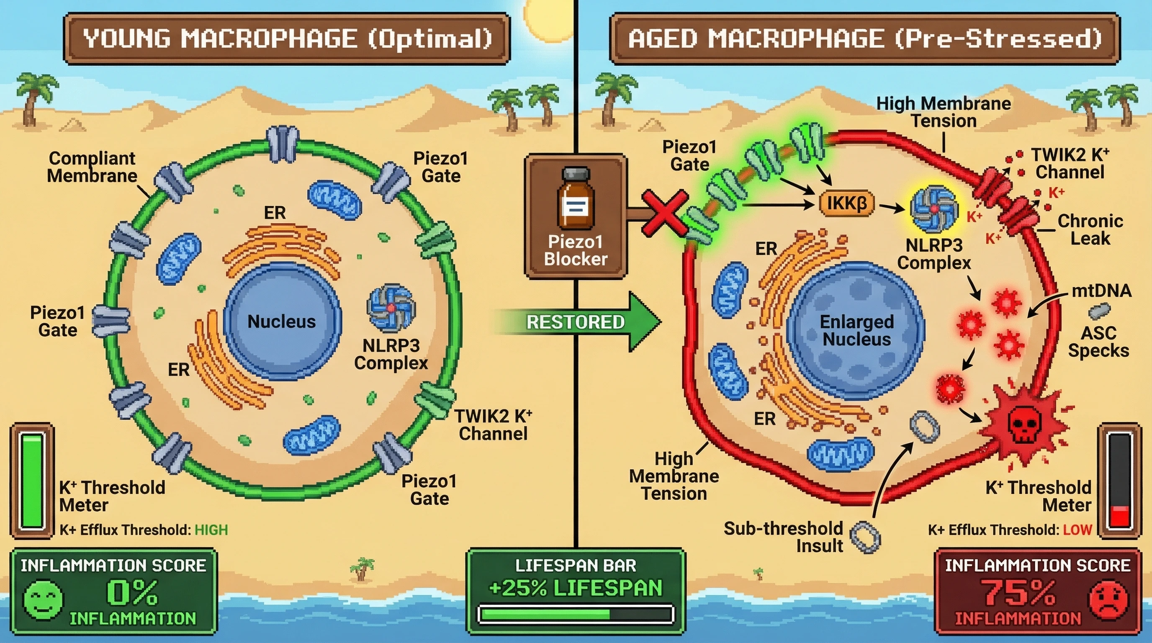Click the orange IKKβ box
tap(846, 203)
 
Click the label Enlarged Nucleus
tap(856, 330)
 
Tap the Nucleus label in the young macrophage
tap(281, 321)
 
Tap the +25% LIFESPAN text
tap(575, 588)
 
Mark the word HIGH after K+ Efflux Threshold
tap(211, 530)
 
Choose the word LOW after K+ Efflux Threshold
tap(1077, 530)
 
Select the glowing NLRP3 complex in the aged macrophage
tap(934, 209)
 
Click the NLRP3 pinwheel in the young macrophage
tap(391, 308)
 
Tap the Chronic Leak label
tap(1090, 229)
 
